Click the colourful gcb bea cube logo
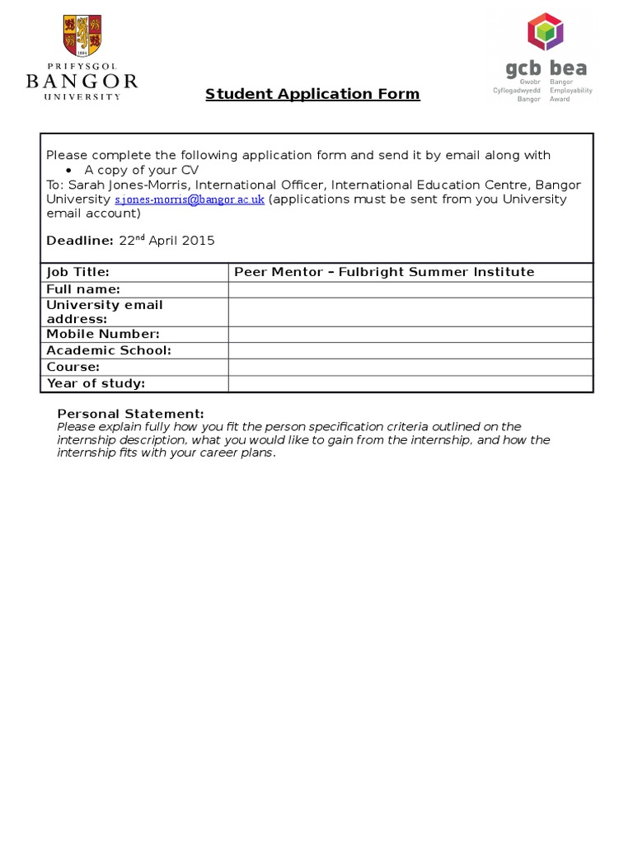pos(545,32)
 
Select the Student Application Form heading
pos(312,94)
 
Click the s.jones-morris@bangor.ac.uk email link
pos(190,199)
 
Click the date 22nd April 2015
pos(166,241)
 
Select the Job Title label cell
pos(134,272)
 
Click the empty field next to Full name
pos(410,289)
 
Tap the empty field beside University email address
pos(410,312)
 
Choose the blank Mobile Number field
pos(410,334)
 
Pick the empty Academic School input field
pos(410,350)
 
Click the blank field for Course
pos(410,367)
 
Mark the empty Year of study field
pos(410,383)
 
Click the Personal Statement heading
pos(130,413)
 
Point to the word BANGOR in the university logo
pos(82,82)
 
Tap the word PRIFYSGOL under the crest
pos(82,66)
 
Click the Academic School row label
pos(109,350)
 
